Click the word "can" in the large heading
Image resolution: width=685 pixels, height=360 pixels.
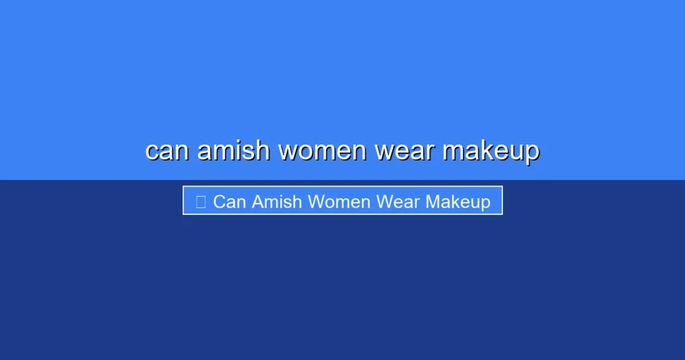(167, 151)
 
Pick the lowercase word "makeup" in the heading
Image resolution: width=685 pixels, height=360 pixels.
(490, 151)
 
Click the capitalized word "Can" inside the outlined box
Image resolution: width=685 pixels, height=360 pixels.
(229, 201)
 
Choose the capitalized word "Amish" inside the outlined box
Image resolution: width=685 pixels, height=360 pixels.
(274, 201)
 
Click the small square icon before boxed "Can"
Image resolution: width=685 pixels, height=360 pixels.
(201, 201)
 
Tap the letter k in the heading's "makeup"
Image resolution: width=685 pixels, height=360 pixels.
(482, 150)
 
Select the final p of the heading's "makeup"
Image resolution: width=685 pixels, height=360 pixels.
(531, 153)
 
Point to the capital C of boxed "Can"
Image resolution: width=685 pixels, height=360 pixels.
(219, 201)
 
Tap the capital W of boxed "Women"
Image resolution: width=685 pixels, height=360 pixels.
(314, 201)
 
